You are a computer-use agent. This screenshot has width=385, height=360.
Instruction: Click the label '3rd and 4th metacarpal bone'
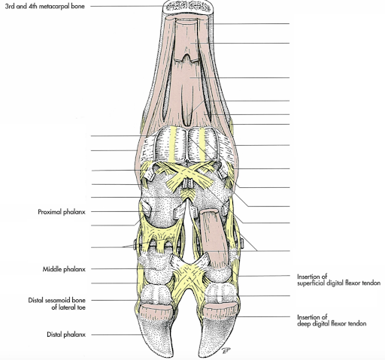tap(45, 6)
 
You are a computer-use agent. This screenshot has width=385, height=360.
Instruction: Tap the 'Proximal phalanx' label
tap(62, 212)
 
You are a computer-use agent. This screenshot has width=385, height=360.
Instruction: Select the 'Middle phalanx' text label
tap(64, 269)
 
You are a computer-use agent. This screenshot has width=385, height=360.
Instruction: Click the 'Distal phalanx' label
tap(66, 334)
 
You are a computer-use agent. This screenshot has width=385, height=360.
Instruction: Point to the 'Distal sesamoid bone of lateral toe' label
tap(57, 304)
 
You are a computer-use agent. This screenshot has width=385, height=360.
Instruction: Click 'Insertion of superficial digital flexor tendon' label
tap(338, 280)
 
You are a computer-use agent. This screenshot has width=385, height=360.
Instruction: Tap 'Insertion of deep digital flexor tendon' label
tap(332, 320)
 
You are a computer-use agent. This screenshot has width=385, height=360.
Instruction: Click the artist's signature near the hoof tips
tap(226, 351)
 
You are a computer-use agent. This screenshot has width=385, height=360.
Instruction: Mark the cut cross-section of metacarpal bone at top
tap(188, 6)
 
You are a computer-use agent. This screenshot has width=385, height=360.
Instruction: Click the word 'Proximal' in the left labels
tap(50, 212)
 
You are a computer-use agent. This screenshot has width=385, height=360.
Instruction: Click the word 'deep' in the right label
tap(304, 324)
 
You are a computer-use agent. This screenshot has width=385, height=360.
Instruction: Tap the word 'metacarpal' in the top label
tap(51, 6)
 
